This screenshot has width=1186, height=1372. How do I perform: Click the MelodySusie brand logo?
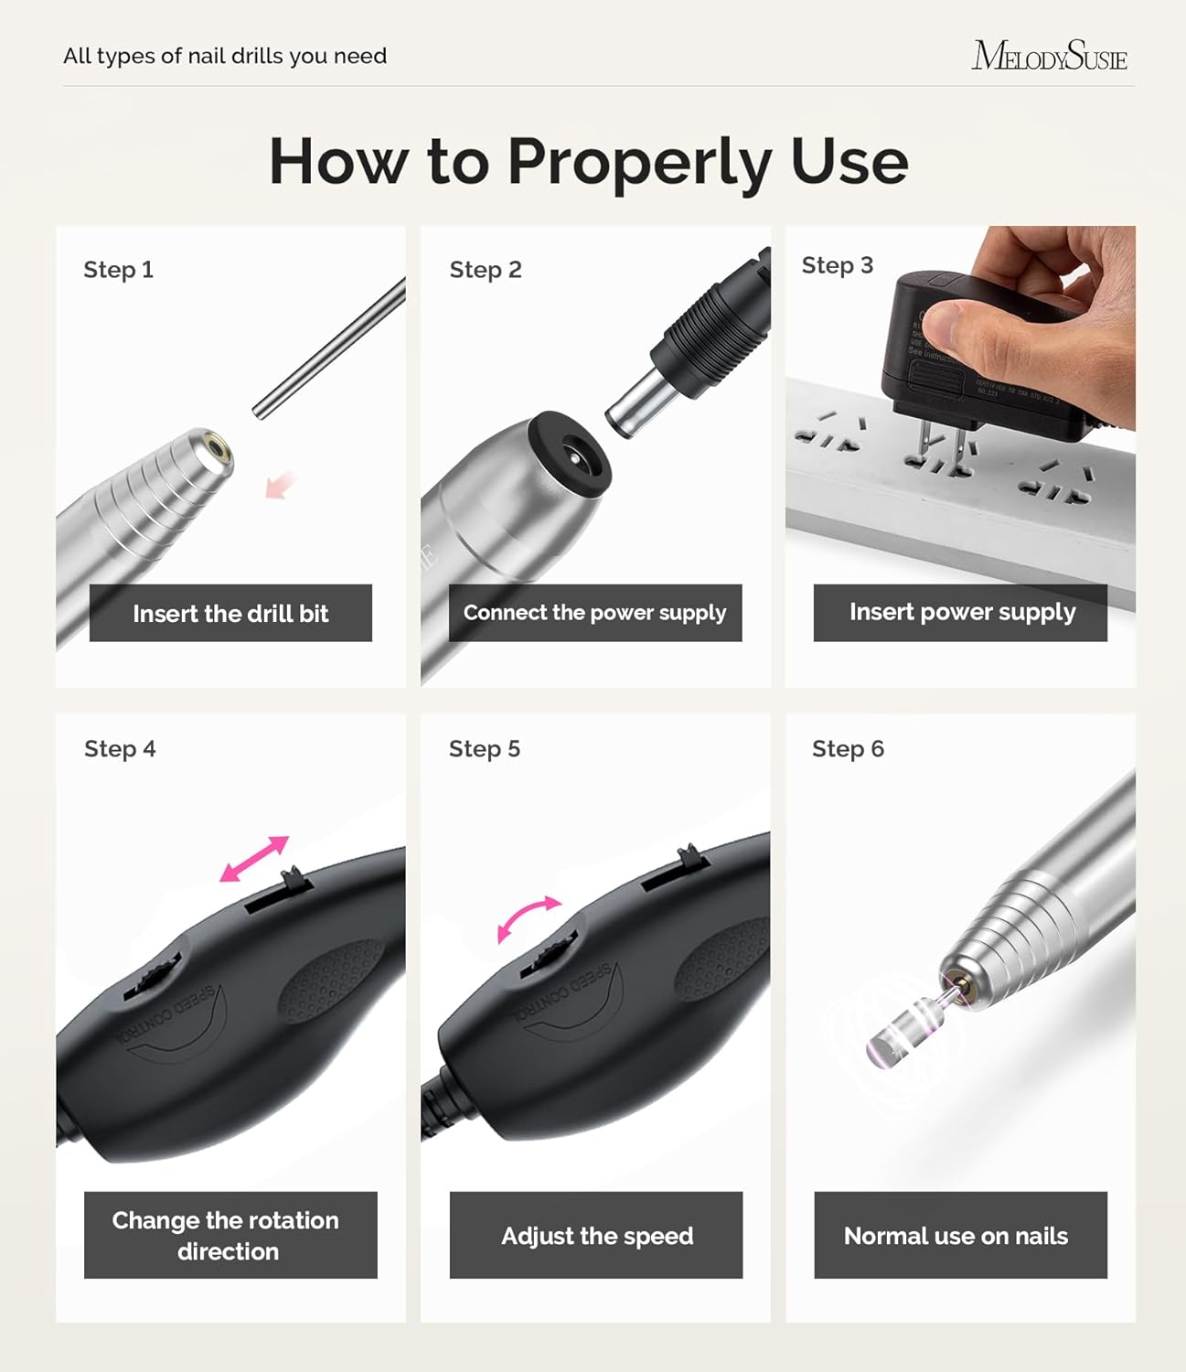pos(1049,56)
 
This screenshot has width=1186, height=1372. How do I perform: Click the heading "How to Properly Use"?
pos(588,161)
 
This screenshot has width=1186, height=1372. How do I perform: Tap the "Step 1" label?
pos(118,270)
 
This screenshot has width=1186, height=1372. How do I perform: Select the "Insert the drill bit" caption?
pos(230,613)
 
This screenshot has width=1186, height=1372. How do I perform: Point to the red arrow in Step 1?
pos(281,485)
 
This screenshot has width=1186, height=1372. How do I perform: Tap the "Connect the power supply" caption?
pos(594,613)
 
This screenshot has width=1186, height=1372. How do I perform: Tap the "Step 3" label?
pos(837,265)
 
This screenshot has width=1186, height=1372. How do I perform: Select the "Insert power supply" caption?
pos(961,612)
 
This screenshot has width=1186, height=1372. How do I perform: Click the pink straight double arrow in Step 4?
pos(254,859)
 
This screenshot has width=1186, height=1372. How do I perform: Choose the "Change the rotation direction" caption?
pos(230,1235)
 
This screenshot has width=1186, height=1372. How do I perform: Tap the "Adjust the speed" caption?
pos(596,1236)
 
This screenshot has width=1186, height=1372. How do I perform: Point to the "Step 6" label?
pos(848,749)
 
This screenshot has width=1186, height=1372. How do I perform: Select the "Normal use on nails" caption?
pos(956,1236)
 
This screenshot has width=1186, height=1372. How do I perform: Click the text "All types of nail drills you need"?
pos(225,56)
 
